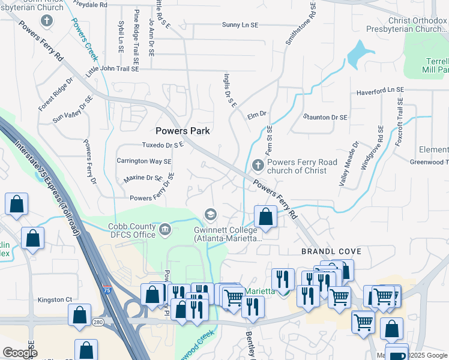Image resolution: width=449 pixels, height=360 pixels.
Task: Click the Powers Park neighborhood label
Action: pyautogui.click(x=181, y=130)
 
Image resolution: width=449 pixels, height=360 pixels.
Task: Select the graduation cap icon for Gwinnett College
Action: pyautogui.click(x=211, y=214)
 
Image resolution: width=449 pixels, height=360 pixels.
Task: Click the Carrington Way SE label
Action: pyautogui.click(x=144, y=161)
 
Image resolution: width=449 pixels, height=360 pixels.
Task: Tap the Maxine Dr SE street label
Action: pyautogui.click(x=143, y=178)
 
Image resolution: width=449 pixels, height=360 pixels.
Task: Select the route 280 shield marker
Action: pyautogui.click(x=98, y=323)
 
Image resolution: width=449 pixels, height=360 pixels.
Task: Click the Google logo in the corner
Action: pyautogui.click(x=19, y=353)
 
